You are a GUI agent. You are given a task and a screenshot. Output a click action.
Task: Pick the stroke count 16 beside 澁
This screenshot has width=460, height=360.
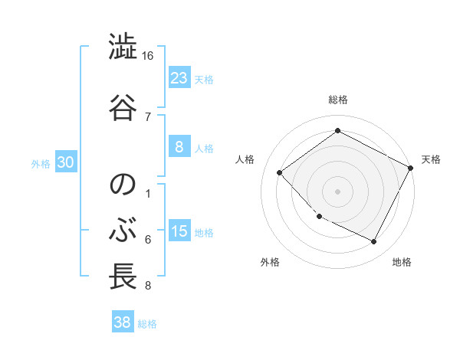(x=148, y=56)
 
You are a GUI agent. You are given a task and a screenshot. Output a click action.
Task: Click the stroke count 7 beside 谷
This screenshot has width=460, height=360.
(x=148, y=116)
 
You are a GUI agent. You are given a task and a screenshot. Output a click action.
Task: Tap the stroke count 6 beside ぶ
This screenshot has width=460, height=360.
(x=148, y=240)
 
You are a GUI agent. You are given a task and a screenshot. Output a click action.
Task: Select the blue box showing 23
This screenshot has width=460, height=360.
(x=179, y=77)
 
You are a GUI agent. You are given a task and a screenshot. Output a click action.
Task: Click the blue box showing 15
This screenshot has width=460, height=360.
(x=179, y=231)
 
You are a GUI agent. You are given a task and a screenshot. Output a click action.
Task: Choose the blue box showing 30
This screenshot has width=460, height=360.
(x=65, y=162)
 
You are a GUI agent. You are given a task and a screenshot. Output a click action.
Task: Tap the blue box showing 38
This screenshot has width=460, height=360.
(x=122, y=322)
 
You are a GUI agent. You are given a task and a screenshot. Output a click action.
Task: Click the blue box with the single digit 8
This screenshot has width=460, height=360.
(x=179, y=146)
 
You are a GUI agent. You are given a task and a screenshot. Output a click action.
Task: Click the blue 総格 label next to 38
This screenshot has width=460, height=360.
(x=147, y=324)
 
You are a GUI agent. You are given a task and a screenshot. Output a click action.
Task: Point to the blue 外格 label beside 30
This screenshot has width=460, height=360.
(x=41, y=163)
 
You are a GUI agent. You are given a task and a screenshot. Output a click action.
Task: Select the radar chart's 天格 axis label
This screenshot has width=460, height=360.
(x=431, y=159)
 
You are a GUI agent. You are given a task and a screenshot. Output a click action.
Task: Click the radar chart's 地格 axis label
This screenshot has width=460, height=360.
(x=402, y=262)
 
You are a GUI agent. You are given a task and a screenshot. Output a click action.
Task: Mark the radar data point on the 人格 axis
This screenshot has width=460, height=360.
(x=280, y=172)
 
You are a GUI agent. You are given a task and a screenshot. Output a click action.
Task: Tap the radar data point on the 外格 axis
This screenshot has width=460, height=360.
(x=319, y=217)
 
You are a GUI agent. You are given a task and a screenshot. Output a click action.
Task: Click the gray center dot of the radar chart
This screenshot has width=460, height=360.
(x=337, y=191)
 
